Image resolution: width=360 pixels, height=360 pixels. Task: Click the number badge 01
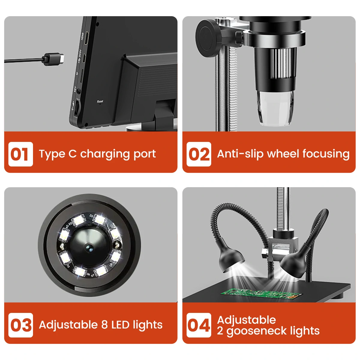20,154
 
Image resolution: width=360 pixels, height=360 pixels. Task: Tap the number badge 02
199,154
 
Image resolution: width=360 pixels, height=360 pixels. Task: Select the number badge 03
20,325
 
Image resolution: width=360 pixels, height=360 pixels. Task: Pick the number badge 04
199,325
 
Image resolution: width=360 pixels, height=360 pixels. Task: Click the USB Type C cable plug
54,58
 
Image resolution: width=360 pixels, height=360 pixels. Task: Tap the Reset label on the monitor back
100,102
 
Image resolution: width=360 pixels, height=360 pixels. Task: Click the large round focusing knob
209,36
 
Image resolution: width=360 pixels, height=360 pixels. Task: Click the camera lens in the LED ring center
89,247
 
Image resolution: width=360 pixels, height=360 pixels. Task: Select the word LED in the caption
120,325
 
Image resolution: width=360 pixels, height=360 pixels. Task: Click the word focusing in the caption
326,154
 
